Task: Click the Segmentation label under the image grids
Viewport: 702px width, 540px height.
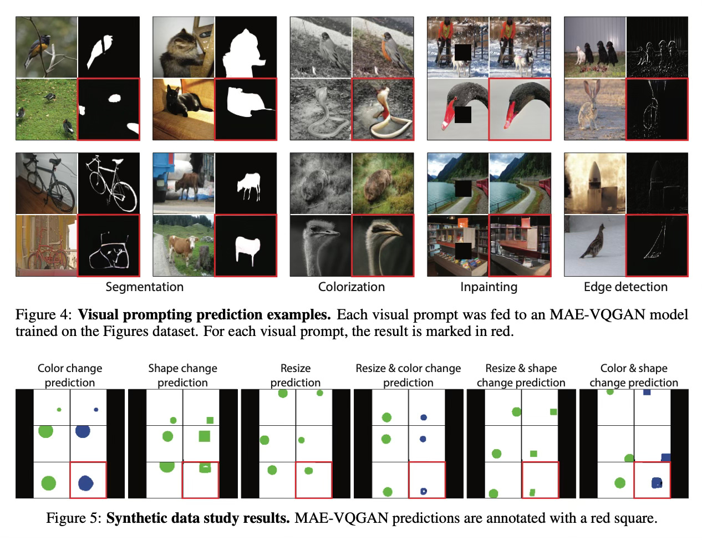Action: point(144,287)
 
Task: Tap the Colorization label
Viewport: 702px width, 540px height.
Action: point(351,287)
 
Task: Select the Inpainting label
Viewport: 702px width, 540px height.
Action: point(489,287)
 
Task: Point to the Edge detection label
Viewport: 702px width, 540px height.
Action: point(625,287)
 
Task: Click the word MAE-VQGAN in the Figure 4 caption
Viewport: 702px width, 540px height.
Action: point(589,315)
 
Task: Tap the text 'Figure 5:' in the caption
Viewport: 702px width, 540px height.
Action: point(73,518)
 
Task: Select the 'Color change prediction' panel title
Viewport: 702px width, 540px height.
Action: point(70,375)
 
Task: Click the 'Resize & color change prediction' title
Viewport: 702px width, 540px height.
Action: point(408,375)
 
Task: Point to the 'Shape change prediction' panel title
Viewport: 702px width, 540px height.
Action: point(182,375)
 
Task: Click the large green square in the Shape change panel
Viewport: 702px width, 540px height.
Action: point(204,436)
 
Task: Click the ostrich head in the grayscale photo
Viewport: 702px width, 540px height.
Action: point(320,229)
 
